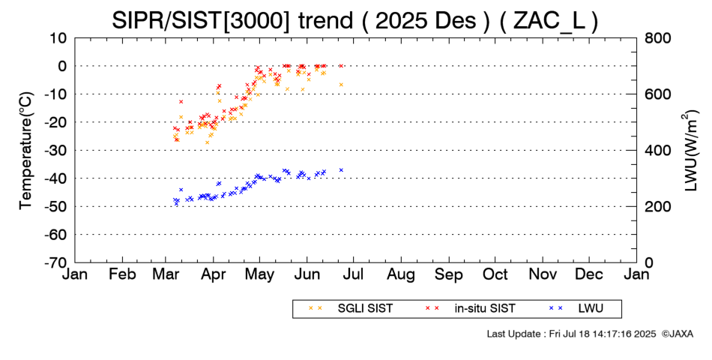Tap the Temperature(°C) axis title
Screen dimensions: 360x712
(x=26, y=150)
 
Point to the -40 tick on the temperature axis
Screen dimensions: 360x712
(x=57, y=178)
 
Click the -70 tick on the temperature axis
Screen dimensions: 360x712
(x=57, y=262)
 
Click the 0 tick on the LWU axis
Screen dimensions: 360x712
(x=649, y=262)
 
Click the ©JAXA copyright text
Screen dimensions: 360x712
(x=677, y=333)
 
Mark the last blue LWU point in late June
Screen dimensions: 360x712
(x=341, y=170)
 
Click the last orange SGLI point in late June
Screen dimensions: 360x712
(x=341, y=85)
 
